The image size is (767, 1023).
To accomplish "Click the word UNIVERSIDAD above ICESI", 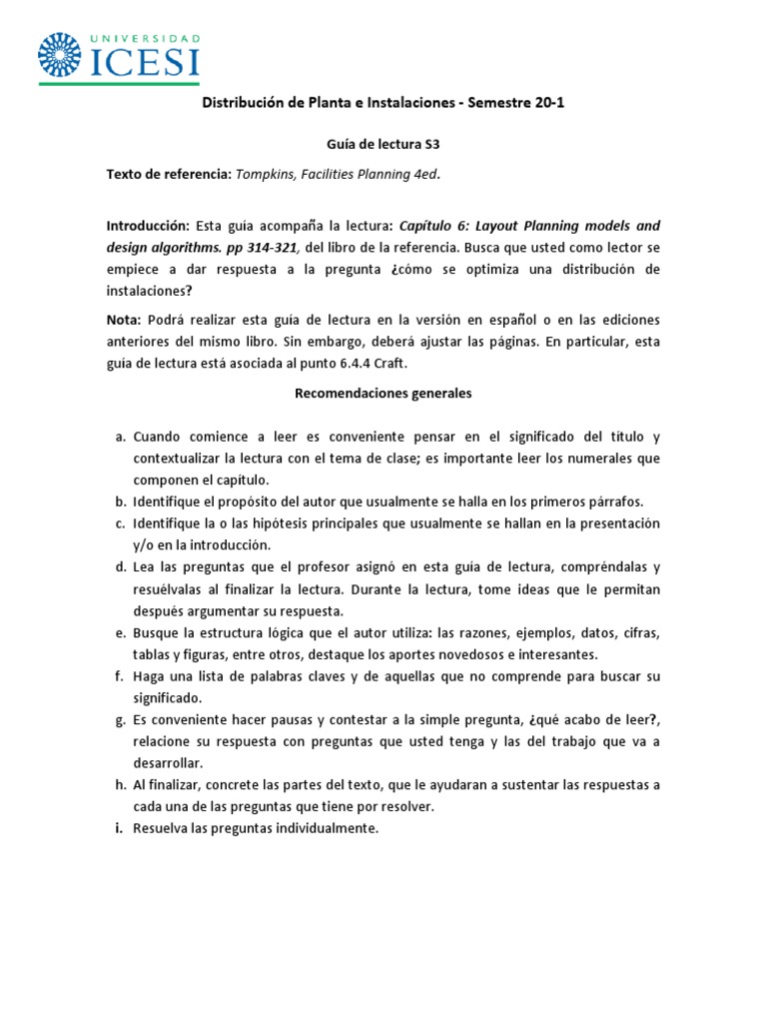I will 145,38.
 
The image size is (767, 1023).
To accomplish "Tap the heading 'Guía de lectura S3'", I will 383,145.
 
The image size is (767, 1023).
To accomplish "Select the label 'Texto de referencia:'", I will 168,174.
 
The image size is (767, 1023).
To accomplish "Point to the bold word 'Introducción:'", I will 147,226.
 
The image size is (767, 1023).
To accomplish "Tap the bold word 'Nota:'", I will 124,320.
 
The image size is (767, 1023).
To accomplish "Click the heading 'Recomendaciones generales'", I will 383,394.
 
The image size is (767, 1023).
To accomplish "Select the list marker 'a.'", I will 119,438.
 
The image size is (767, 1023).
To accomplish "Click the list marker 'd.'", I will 119,567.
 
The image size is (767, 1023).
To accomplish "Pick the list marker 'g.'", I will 119,719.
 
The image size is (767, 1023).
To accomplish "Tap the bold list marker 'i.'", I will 119,828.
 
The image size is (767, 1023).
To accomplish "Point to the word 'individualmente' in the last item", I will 326,828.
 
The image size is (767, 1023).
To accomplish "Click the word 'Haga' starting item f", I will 150,676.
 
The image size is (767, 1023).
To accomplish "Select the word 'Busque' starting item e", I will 155,633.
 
